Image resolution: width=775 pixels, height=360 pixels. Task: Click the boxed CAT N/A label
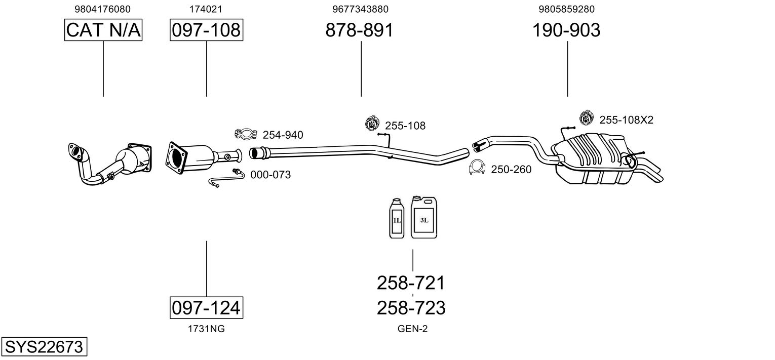coord(103,30)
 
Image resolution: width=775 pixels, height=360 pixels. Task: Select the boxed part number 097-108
coord(206,30)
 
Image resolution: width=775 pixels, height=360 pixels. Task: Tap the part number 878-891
coord(359,30)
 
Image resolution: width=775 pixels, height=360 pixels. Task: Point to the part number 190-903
coord(566,30)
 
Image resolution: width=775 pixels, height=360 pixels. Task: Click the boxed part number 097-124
coord(206,307)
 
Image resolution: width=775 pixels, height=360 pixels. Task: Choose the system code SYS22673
coord(44,346)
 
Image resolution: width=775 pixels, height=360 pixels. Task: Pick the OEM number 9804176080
coord(102,9)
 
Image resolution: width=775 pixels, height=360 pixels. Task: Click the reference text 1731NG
coord(206,329)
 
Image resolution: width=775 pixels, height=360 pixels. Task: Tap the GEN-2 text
coord(412,329)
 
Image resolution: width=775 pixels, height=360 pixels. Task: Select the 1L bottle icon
coord(397,218)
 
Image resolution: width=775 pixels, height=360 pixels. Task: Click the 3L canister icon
coord(424,217)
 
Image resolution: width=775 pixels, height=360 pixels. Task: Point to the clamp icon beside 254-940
coord(246,134)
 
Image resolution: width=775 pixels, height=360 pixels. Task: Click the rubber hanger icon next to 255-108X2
coord(587,117)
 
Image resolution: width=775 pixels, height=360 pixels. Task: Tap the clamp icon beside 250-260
coord(477,168)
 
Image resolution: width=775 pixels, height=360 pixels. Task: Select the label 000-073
coord(270,175)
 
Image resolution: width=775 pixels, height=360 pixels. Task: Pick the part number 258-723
coord(411,308)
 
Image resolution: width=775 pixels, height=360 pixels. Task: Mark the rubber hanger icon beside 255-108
coord(372,124)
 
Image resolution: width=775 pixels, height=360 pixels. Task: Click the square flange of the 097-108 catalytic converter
coord(177,157)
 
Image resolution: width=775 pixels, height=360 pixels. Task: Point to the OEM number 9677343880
coord(360,9)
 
